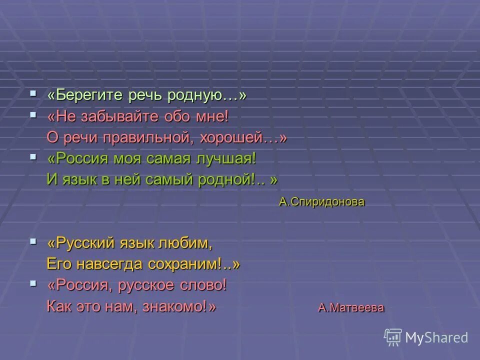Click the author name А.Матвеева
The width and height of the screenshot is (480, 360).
(x=351, y=307)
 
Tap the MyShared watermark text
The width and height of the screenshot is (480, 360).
(x=437, y=337)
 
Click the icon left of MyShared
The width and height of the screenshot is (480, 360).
(x=393, y=337)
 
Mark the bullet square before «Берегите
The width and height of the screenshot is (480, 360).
(x=33, y=93)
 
